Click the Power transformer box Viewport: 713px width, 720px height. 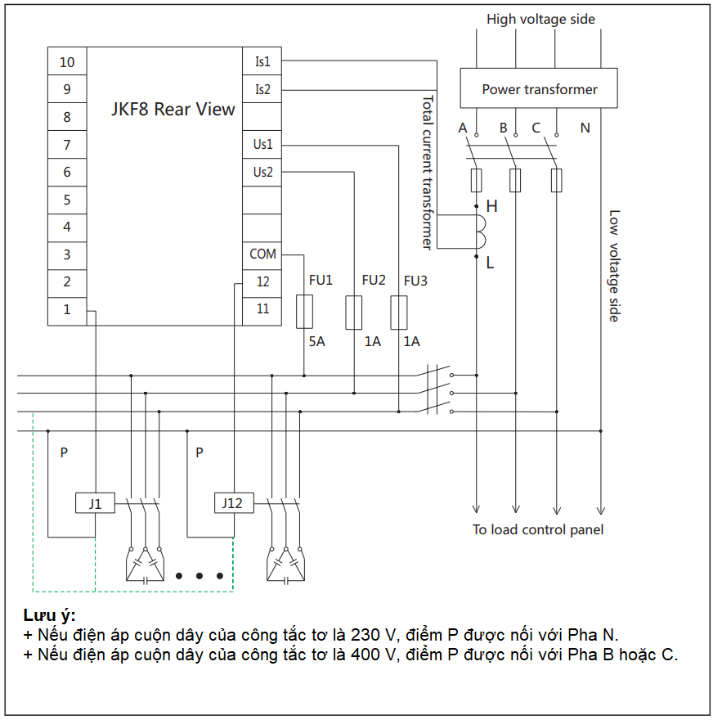(539, 88)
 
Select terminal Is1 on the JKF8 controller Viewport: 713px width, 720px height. (262, 62)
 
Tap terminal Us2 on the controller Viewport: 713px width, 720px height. (262, 172)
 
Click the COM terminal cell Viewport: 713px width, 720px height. (262, 254)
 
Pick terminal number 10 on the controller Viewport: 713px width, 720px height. (67, 62)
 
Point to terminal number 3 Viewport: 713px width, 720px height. (67, 254)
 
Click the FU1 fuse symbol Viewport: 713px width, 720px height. (303, 312)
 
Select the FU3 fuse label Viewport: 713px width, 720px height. (415, 281)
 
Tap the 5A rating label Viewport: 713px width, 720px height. (316, 341)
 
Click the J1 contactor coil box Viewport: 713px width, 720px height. (96, 503)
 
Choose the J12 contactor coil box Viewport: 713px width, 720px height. (233, 503)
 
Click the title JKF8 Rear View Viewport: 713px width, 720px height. (173, 109)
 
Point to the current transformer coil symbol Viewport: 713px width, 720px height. (482, 230)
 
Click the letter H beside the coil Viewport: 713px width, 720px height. (491, 206)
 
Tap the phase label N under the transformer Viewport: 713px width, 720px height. (585, 128)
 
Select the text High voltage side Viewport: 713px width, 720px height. (540, 19)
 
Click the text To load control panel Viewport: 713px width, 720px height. (538, 529)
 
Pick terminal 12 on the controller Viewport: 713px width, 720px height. (262, 281)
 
